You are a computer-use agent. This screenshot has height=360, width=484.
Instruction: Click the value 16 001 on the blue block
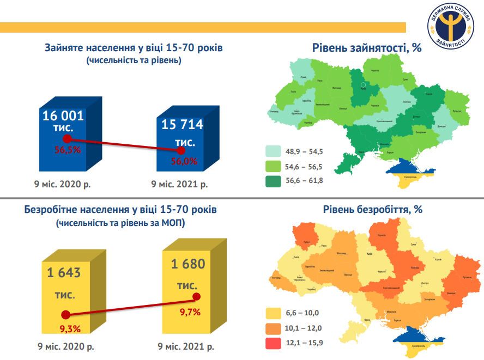pyautogui.click(x=63, y=115)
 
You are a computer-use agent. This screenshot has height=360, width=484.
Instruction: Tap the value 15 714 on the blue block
pyautogui.click(x=182, y=125)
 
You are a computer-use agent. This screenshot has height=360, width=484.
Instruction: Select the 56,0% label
pyautogui.click(x=184, y=161)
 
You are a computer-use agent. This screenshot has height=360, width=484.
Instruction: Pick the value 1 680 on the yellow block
pyautogui.click(x=187, y=265)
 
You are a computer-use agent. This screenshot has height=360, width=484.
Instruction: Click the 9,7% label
pyautogui.click(x=190, y=312)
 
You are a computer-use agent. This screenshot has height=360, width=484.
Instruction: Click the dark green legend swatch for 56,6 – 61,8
pyautogui.click(x=273, y=180)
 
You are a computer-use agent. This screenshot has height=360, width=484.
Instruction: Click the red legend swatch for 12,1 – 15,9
pyautogui.click(x=273, y=343)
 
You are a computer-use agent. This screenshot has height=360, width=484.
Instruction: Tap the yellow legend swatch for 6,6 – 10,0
pyautogui.click(x=273, y=313)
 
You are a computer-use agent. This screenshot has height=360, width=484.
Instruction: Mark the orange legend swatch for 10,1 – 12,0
pyautogui.click(x=273, y=328)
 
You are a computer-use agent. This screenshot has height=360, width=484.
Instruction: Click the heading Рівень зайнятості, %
pyautogui.click(x=367, y=48)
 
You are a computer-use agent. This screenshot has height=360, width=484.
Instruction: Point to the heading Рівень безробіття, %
pyautogui.click(x=373, y=209)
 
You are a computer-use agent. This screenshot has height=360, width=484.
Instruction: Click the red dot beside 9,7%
pyautogui.click(x=197, y=297)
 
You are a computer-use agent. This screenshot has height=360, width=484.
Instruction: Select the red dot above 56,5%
pyautogui.click(x=68, y=139)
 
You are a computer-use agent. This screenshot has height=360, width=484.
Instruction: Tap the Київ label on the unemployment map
pyautogui.click(x=370, y=254)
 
